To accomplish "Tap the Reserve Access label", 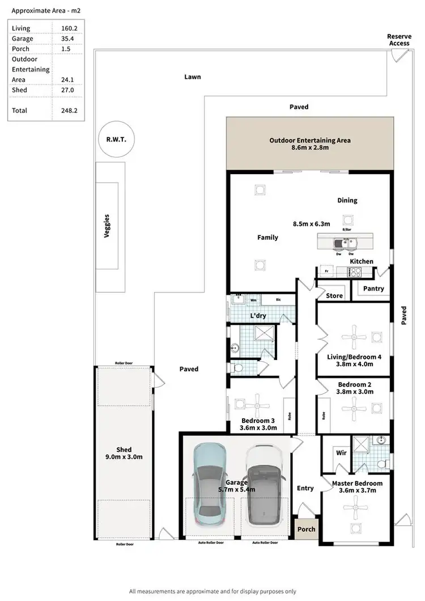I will click(x=399, y=40).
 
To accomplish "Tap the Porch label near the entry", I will click(x=307, y=529).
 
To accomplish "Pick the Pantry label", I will click(x=373, y=289).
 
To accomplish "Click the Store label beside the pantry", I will click(x=334, y=295).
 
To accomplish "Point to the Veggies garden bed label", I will click(x=107, y=225).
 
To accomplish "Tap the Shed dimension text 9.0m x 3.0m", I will click(x=124, y=458).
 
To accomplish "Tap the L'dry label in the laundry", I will click(x=258, y=315).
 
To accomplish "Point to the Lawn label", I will click(x=192, y=77).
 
